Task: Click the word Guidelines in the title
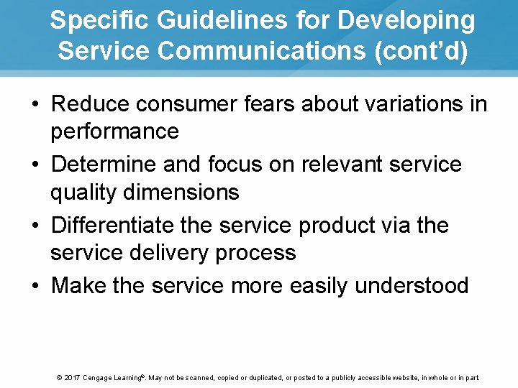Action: click(202, 21)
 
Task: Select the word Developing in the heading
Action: click(406, 21)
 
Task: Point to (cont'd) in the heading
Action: click(420, 51)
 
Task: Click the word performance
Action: click(114, 131)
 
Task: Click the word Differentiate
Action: click(118, 226)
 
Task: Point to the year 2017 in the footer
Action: click(71, 378)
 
